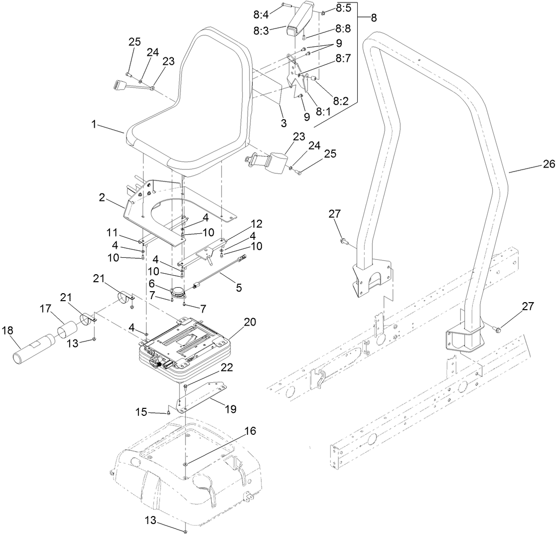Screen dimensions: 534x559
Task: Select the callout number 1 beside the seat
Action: click(x=93, y=124)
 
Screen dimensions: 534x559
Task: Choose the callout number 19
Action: click(x=230, y=409)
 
